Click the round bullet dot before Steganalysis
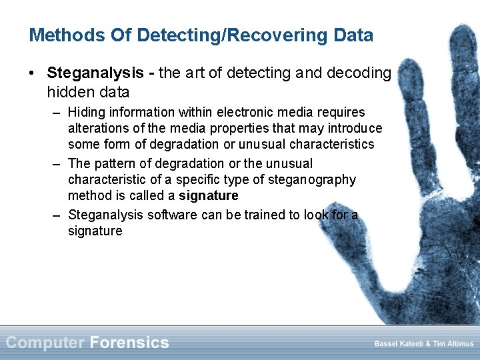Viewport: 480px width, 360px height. point(33,73)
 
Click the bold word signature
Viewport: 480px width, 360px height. point(208,195)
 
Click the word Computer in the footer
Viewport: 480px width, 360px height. point(45,343)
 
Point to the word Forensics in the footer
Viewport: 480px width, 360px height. point(129,343)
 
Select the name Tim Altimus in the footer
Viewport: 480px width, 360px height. point(453,344)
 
